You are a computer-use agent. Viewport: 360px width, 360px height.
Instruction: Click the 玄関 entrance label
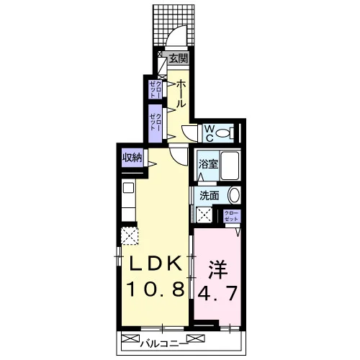(x=178, y=58)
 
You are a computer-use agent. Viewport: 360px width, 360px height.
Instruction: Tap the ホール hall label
(x=181, y=94)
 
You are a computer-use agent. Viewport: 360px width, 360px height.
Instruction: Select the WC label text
(x=210, y=133)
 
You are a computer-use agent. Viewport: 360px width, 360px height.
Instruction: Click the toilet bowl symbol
(x=225, y=132)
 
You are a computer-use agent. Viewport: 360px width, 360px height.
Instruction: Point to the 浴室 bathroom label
(x=208, y=164)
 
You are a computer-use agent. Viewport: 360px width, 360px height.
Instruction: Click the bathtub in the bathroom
(x=230, y=166)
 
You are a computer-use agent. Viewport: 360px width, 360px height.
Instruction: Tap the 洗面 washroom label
(x=210, y=196)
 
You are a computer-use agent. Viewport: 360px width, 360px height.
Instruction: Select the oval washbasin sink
(x=234, y=195)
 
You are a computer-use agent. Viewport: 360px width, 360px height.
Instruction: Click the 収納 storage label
(x=132, y=158)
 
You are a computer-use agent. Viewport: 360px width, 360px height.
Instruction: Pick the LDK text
(x=156, y=264)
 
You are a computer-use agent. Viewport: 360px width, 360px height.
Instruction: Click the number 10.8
(x=156, y=289)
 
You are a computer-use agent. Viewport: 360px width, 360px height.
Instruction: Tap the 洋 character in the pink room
(x=218, y=270)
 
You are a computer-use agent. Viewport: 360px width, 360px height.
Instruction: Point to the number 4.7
(x=217, y=293)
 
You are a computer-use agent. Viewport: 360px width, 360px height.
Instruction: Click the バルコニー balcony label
(x=163, y=344)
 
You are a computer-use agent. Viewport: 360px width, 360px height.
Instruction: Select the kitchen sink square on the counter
(x=128, y=188)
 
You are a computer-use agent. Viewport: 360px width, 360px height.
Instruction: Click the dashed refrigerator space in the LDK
(x=130, y=235)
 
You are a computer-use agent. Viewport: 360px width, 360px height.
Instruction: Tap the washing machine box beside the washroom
(x=204, y=215)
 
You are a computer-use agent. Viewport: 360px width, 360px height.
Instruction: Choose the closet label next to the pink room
(x=232, y=215)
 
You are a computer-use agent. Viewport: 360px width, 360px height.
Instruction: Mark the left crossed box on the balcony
(x=130, y=338)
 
